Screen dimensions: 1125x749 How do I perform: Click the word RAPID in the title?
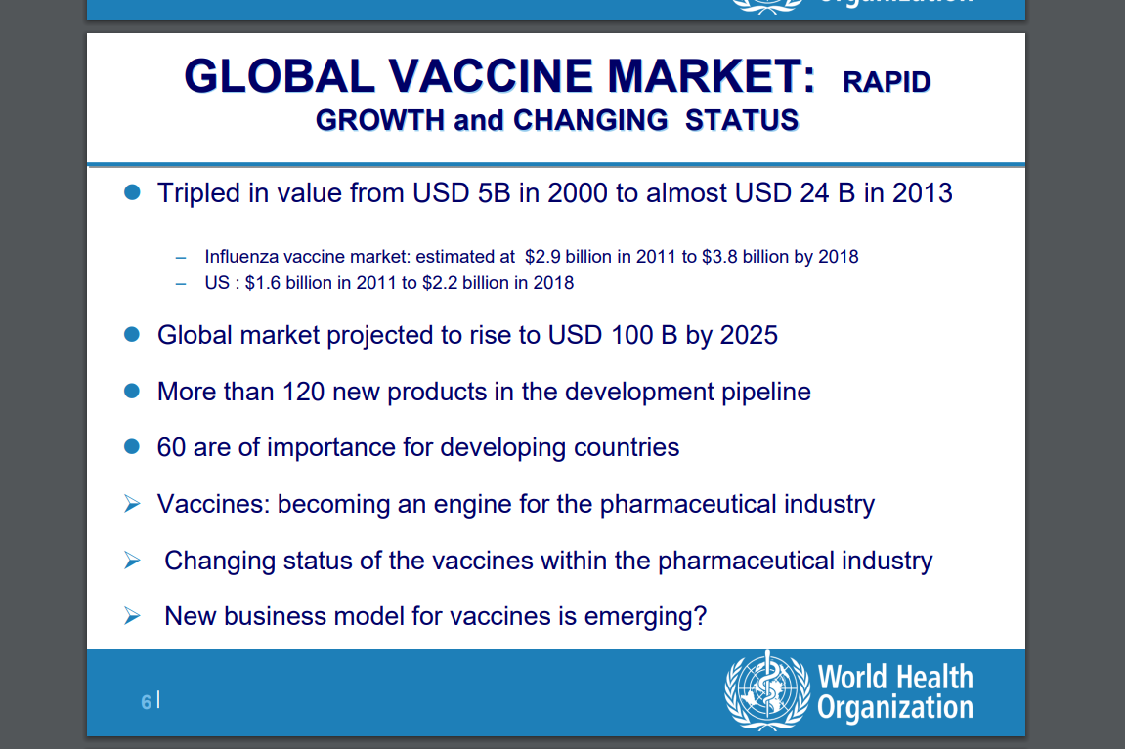pyautogui.click(x=887, y=82)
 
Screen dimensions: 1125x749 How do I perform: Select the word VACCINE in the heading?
pyautogui.click(x=491, y=76)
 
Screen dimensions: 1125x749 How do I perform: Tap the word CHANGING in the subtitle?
pyautogui.click(x=590, y=120)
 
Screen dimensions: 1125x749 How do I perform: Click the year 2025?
pyautogui.click(x=749, y=335)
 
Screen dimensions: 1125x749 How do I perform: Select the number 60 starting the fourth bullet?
pyautogui.click(x=171, y=447)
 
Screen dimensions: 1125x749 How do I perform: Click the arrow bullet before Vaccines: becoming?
pyautogui.click(x=132, y=503)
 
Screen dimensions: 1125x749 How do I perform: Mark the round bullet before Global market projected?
pyautogui.click(x=132, y=334)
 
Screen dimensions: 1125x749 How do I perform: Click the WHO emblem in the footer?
pyautogui.click(x=767, y=690)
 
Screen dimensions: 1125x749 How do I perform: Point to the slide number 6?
pyautogui.click(x=147, y=702)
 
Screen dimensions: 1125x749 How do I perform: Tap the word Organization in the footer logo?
pyautogui.click(x=895, y=707)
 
